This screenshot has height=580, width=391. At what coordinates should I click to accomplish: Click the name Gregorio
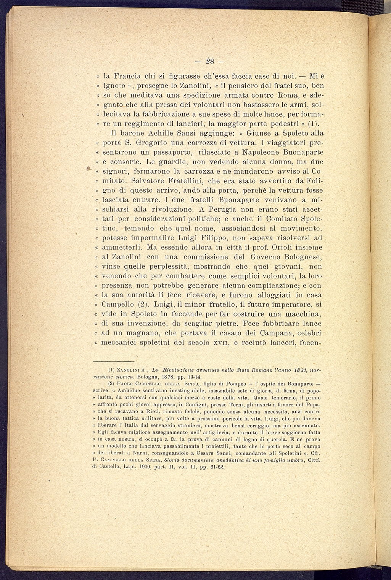click(154, 143)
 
